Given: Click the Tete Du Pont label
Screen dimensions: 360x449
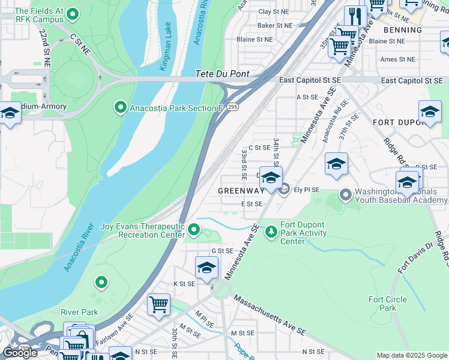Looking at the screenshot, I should pos(223,75).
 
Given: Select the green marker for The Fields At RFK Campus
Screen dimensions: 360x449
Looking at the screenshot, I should pos(73,14).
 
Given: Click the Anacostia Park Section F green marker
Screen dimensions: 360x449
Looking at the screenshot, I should pos(121,107).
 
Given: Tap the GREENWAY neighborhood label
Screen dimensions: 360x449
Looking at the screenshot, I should pos(241,191).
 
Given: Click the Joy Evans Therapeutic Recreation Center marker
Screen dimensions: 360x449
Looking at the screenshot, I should pos(194,230).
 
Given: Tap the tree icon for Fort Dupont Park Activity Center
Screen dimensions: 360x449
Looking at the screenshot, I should pos(272,231).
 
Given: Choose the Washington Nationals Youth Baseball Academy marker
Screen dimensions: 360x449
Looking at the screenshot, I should pos(346,194).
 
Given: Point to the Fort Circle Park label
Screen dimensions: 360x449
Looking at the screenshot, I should pos(388,304).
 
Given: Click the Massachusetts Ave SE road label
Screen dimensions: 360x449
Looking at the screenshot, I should pos(270,315).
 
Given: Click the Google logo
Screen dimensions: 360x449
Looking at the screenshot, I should pos(20,353).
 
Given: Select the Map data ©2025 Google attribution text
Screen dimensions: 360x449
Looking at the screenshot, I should pos(412,355).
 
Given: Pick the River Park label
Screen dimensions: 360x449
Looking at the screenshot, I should pos(79,312).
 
